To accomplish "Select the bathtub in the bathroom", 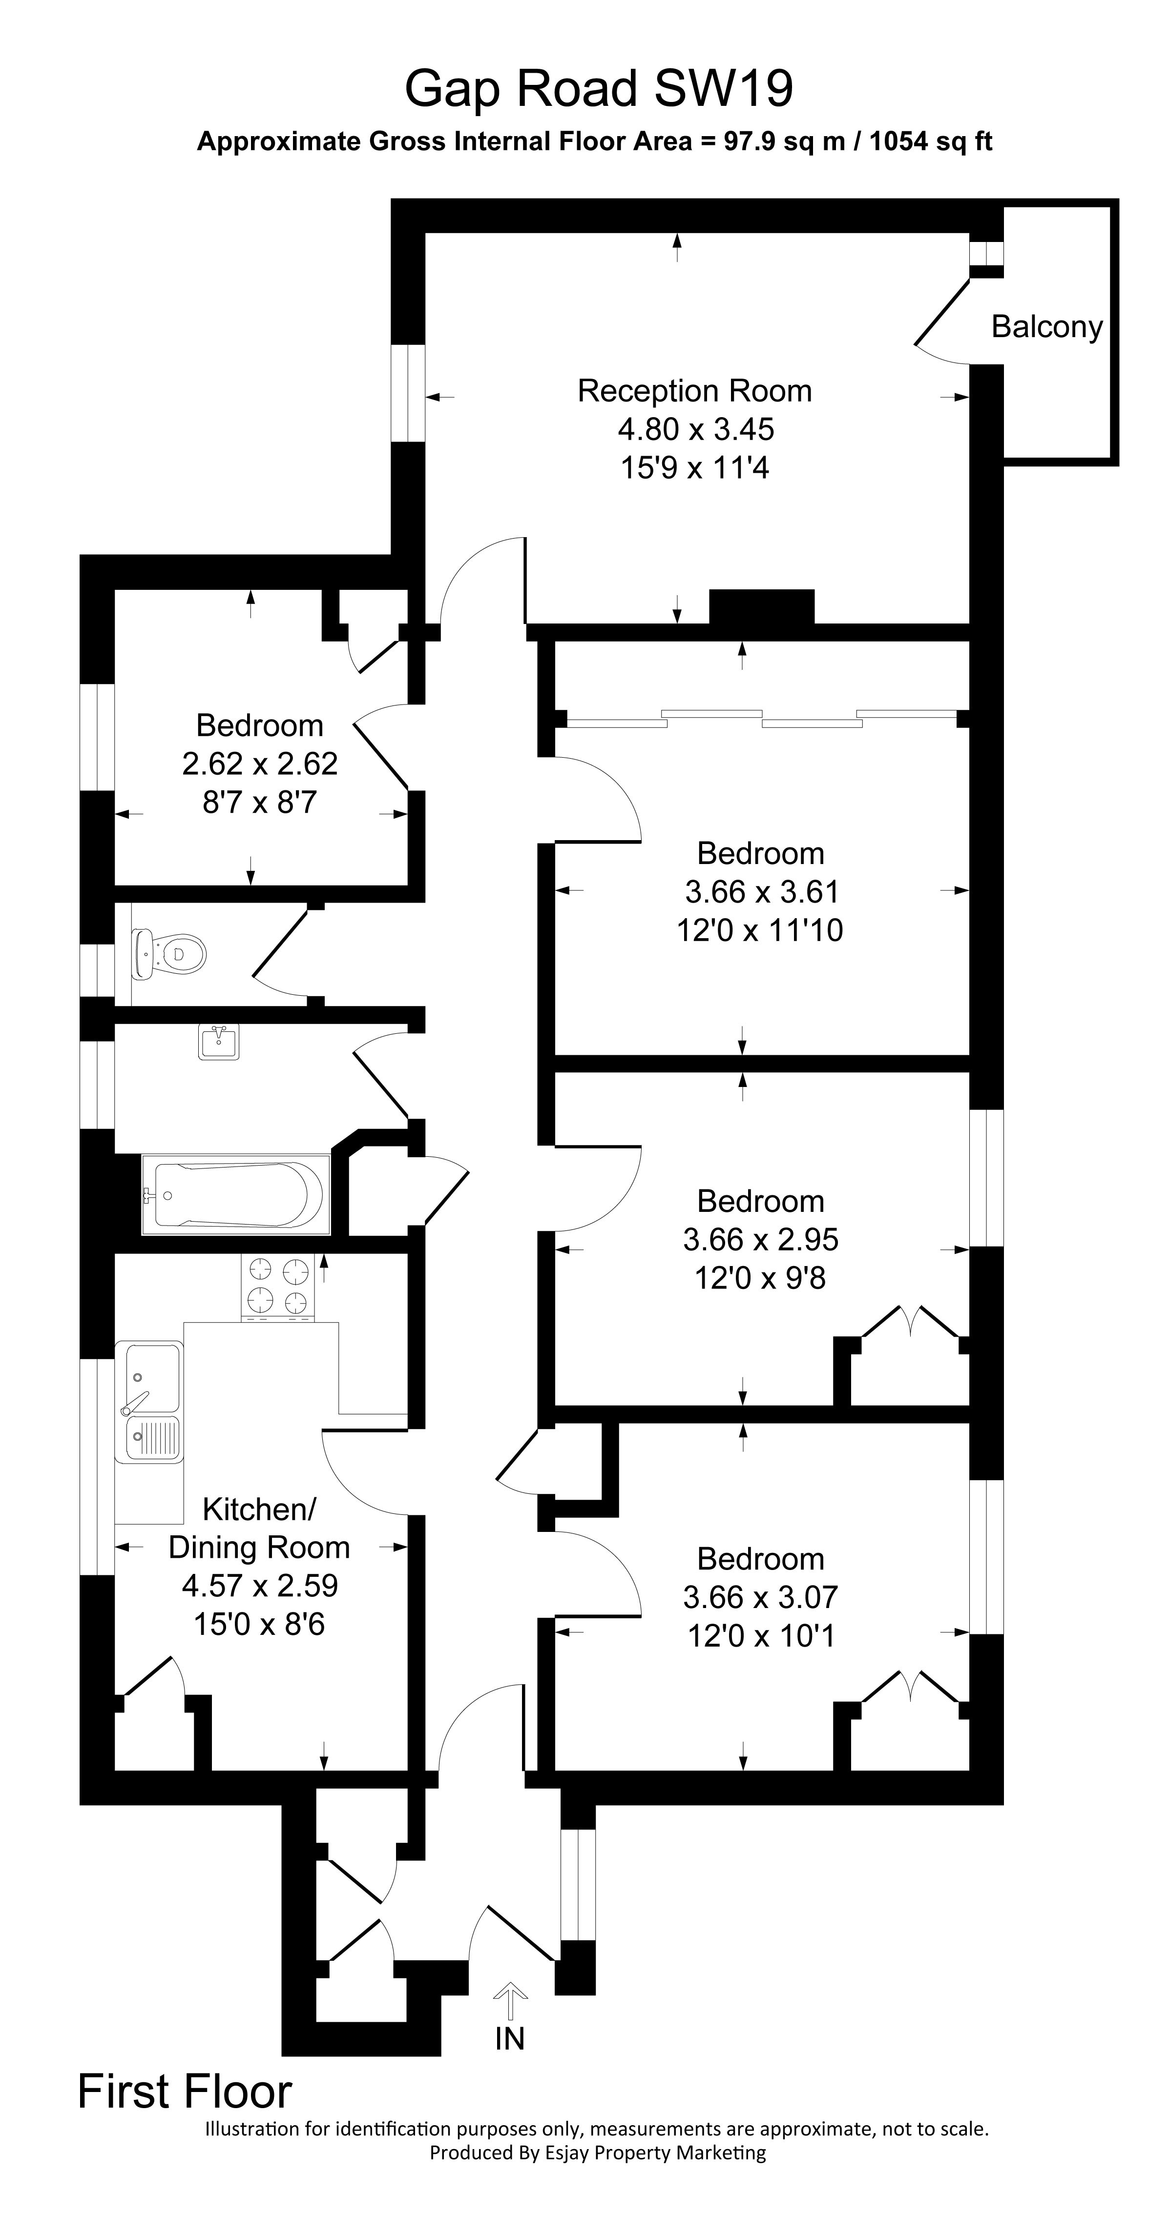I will (x=235, y=1195).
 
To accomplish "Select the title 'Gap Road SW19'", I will (x=598, y=88).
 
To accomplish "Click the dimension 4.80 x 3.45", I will (x=695, y=429).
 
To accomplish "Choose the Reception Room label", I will (x=694, y=391).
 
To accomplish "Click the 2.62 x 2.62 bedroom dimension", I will (x=260, y=764).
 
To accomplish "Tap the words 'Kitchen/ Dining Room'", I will (x=259, y=1528).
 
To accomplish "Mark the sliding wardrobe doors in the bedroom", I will (x=762, y=718).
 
